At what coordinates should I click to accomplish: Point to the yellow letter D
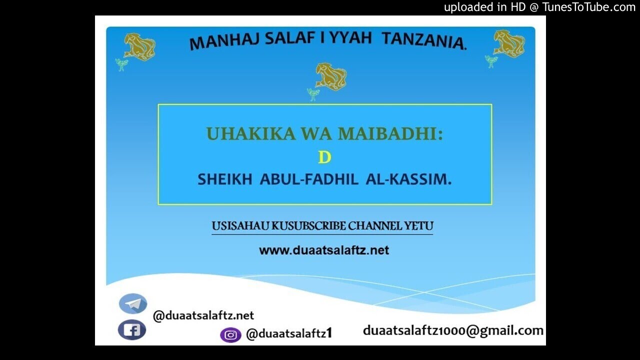(324, 157)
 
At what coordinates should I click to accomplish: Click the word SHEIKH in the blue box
(224, 179)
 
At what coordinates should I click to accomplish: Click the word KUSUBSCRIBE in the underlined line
(308, 226)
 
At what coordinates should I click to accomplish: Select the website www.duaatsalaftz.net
(323, 250)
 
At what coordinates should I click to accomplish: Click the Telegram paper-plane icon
(133, 303)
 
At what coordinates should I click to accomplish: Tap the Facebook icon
(132, 330)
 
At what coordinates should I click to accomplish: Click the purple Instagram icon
(230, 335)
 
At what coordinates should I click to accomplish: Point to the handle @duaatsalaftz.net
(203, 315)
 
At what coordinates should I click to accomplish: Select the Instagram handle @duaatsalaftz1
(289, 334)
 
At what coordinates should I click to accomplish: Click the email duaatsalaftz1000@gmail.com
(453, 330)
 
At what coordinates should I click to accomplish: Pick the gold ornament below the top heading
(330, 77)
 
